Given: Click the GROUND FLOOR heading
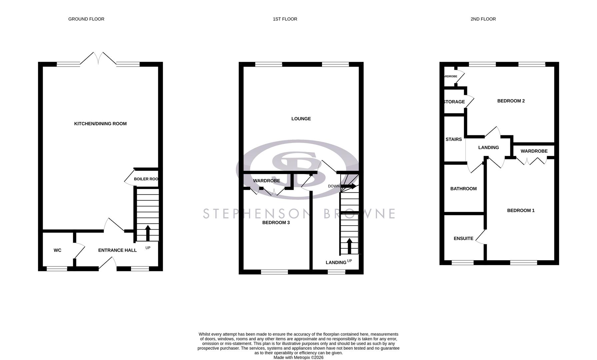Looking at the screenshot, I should pyautogui.click(x=86, y=19).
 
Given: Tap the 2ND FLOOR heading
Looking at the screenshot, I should pyautogui.click(x=483, y=19).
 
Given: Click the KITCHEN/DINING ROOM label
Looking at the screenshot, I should pyautogui.click(x=100, y=124).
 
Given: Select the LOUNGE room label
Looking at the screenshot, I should pyautogui.click(x=301, y=119).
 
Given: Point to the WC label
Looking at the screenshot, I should pyautogui.click(x=57, y=250).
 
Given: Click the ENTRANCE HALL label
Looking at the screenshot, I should pyautogui.click(x=117, y=250).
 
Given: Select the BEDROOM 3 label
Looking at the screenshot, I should pyautogui.click(x=276, y=223).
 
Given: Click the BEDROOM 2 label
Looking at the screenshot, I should pyautogui.click(x=511, y=101).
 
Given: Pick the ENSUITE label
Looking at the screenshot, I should pyautogui.click(x=463, y=239).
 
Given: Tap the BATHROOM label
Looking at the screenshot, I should pyautogui.click(x=463, y=189).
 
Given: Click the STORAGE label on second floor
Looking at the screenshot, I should pyautogui.click(x=454, y=102).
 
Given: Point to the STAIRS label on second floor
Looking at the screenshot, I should pyautogui.click(x=454, y=139).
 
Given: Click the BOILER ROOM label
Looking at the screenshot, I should pyautogui.click(x=146, y=179).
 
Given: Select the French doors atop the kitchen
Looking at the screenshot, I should pyautogui.click(x=98, y=59).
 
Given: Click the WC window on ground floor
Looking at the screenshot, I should pyautogui.click(x=57, y=268).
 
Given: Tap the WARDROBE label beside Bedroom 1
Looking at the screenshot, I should pyautogui.click(x=534, y=151).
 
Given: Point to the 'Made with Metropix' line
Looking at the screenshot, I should pyautogui.click(x=298, y=357).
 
